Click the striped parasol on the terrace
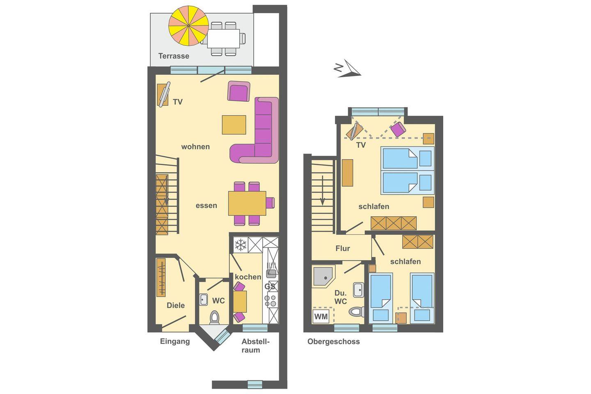coord(188,25)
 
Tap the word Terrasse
coord(174,56)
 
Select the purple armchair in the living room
coord(239,91)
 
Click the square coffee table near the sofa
coord(234,125)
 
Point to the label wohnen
coord(195,147)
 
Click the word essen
coord(206,206)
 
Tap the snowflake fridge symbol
coord(241,245)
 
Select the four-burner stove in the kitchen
coord(270,301)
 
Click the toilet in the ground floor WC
coord(214,317)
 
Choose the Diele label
coord(176,305)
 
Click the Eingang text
coord(175,341)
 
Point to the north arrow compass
coord(347,69)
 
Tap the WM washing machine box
coord(321,316)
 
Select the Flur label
coord(343,248)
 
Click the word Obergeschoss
coord(334,341)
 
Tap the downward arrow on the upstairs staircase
coord(322,190)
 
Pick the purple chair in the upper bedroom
coord(398,129)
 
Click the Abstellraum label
coord(255,346)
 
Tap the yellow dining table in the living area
coord(247,203)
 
